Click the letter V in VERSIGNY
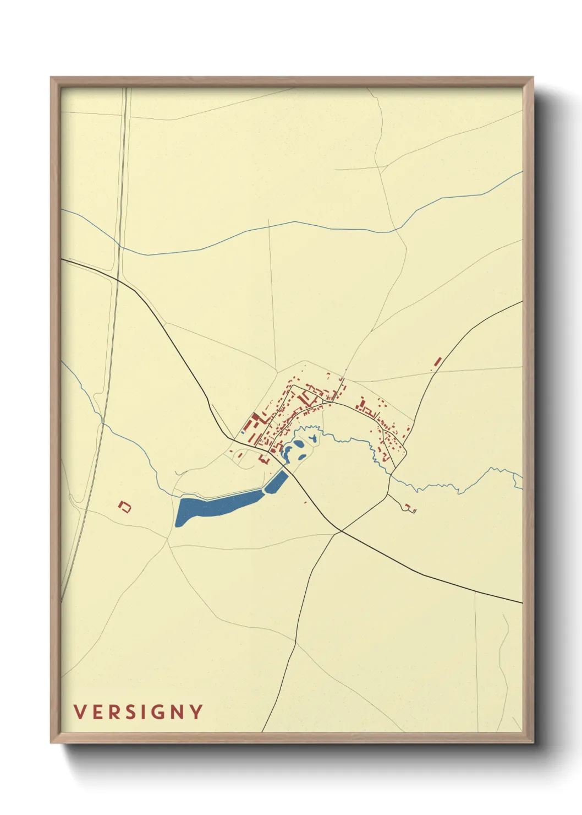(80, 712)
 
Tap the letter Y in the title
(196, 712)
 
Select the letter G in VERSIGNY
(157, 712)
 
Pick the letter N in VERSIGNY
(177, 712)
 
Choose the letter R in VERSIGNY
(112, 712)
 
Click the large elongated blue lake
(215, 505)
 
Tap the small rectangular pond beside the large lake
(276, 482)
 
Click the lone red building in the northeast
(438, 362)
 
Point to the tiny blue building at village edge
(242, 432)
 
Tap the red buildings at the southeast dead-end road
(410, 508)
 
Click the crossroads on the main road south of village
(341, 531)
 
